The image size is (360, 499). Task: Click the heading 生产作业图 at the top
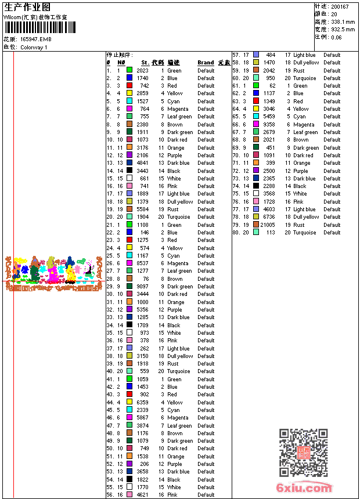pos(27,7)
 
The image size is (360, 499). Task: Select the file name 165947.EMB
pos(36,39)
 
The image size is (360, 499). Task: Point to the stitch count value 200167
pos(340,7)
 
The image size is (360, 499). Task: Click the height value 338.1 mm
pos(343,22)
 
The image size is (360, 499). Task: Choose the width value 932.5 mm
pos(343,30)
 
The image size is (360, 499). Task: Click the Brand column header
pos(206,63)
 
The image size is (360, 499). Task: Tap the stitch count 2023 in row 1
pos(142,71)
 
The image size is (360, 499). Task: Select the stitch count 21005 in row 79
pos(268,225)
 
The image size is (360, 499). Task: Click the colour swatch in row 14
pos(129,171)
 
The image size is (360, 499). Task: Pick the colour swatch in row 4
pos(129,93)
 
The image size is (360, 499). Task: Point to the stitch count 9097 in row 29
pos(142,287)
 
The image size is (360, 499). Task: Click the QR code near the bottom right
pos(303,453)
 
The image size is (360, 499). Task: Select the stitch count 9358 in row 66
pos(269,125)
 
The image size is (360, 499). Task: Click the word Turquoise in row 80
pos(304,233)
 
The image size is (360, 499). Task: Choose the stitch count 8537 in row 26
pos(142,263)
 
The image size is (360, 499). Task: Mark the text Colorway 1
pos(34,48)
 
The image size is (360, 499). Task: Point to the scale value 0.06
pos(336,37)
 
